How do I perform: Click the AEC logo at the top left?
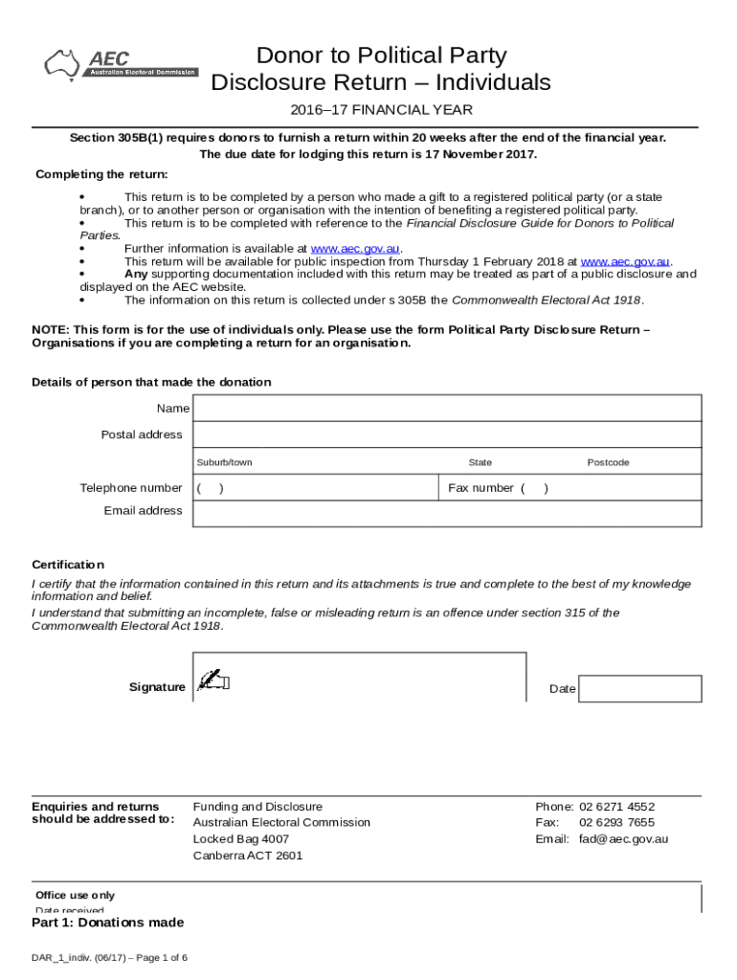pyautogui.click(x=121, y=64)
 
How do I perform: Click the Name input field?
pyautogui.click(x=446, y=409)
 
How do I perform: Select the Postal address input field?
pyautogui.click(x=446, y=434)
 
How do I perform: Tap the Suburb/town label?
pyautogui.click(x=224, y=462)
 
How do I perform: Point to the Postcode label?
pyautogui.click(x=608, y=462)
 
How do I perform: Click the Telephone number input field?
pyautogui.click(x=316, y=488)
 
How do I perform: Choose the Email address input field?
pyautogui.click(x=446, y=511)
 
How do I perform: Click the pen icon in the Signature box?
pyautogui.click(x=212, y=680)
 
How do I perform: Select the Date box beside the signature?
pyautogui.click(x=640, y=688)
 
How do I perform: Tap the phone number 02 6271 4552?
pyautogui.click(x=616, y=807)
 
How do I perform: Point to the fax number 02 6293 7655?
pyautogui.click(x=616, y=823)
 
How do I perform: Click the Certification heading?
pyautogui.click(x=68, y=565)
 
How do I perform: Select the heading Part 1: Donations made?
pyautogui.click(x=107, y=923)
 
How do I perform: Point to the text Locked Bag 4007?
pyautogui.click(x=240, y=839)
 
